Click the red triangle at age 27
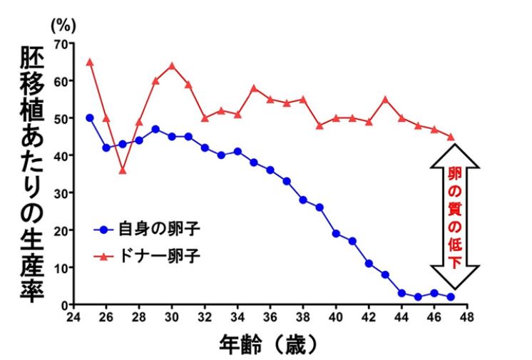point(122,170)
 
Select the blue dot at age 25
point(89,118)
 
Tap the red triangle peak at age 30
point(171,66)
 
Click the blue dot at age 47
point(451,297)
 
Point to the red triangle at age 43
point(385,99)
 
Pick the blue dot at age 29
point(155,129)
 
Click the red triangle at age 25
point(89,62)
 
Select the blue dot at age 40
point(336,233)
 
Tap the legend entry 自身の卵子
point(143,230)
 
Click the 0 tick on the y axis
point(63,304)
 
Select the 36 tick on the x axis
point(270,315)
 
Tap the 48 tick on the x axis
point(467,315)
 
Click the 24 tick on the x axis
point(73,315)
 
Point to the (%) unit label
point(61,24)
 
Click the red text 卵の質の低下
point(454,213)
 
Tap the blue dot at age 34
point(237,151)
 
